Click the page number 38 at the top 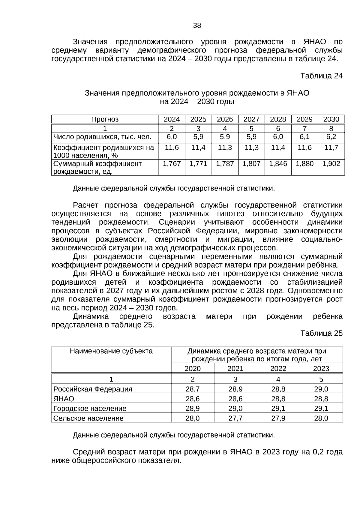(x=197, y=26)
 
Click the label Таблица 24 (x=321, y=76)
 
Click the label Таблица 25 (x=321, y=334)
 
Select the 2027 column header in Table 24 (x=251, y=119)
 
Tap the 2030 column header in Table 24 (x=331, y=119)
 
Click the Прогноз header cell (x=105, y=119)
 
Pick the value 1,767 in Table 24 (x=172, y=164)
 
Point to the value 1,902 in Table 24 (x=331, y=164)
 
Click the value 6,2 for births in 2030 (x=331, y=137)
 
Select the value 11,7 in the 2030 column (x=331, y=148)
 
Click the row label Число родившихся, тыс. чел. (x=102, y=137)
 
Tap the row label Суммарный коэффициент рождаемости (x=97, y=168)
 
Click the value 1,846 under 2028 (x=278, y=164)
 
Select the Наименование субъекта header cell (x=111, y=351)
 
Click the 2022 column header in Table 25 (x=278, y=369)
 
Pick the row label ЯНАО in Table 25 (x=64, y=399)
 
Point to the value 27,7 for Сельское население (x=235, y=418)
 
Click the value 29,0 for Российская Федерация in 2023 (x=321, y=389)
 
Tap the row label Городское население (x=90, y=409)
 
